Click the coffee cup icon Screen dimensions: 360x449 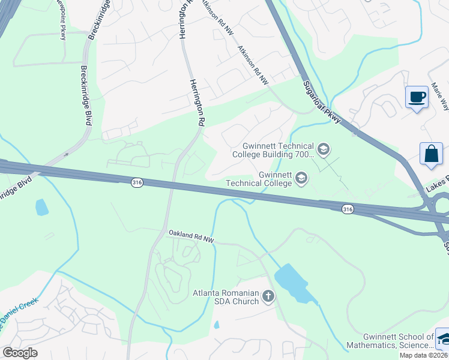[417, 97]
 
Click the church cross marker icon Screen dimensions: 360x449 [268, 296]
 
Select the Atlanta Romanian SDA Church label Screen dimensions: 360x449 [226, 296]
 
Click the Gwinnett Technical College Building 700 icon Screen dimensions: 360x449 [324, 149]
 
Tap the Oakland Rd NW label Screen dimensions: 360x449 [191, 236]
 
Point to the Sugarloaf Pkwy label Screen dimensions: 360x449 [322, 103]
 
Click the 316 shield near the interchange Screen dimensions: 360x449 [347, 208]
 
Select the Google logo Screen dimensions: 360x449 [20, 352]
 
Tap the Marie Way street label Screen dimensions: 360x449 [441, 97]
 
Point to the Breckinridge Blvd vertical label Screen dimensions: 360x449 [85, 95]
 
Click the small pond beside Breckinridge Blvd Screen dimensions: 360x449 [41, 208]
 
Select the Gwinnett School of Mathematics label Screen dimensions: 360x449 [399, 341]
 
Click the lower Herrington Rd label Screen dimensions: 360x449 [198, 102]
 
